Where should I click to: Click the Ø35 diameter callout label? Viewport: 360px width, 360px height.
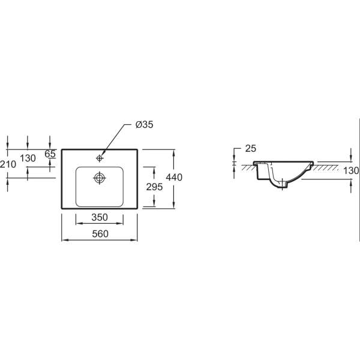[144, 124]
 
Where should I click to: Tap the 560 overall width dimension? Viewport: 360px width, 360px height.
[100, 234]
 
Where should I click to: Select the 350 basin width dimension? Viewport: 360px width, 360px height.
[100, 217]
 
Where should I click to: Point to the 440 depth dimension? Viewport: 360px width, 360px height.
[174, 177]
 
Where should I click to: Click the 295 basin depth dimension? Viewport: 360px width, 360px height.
[154, 187]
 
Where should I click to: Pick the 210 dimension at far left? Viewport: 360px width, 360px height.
[8, 164]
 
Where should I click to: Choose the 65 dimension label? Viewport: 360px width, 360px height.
[50, 154]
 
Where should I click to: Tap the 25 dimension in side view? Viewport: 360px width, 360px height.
[250, 149]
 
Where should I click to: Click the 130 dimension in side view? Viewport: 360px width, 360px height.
[351, 170]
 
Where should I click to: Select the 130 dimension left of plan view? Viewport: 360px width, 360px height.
[28, 158]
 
